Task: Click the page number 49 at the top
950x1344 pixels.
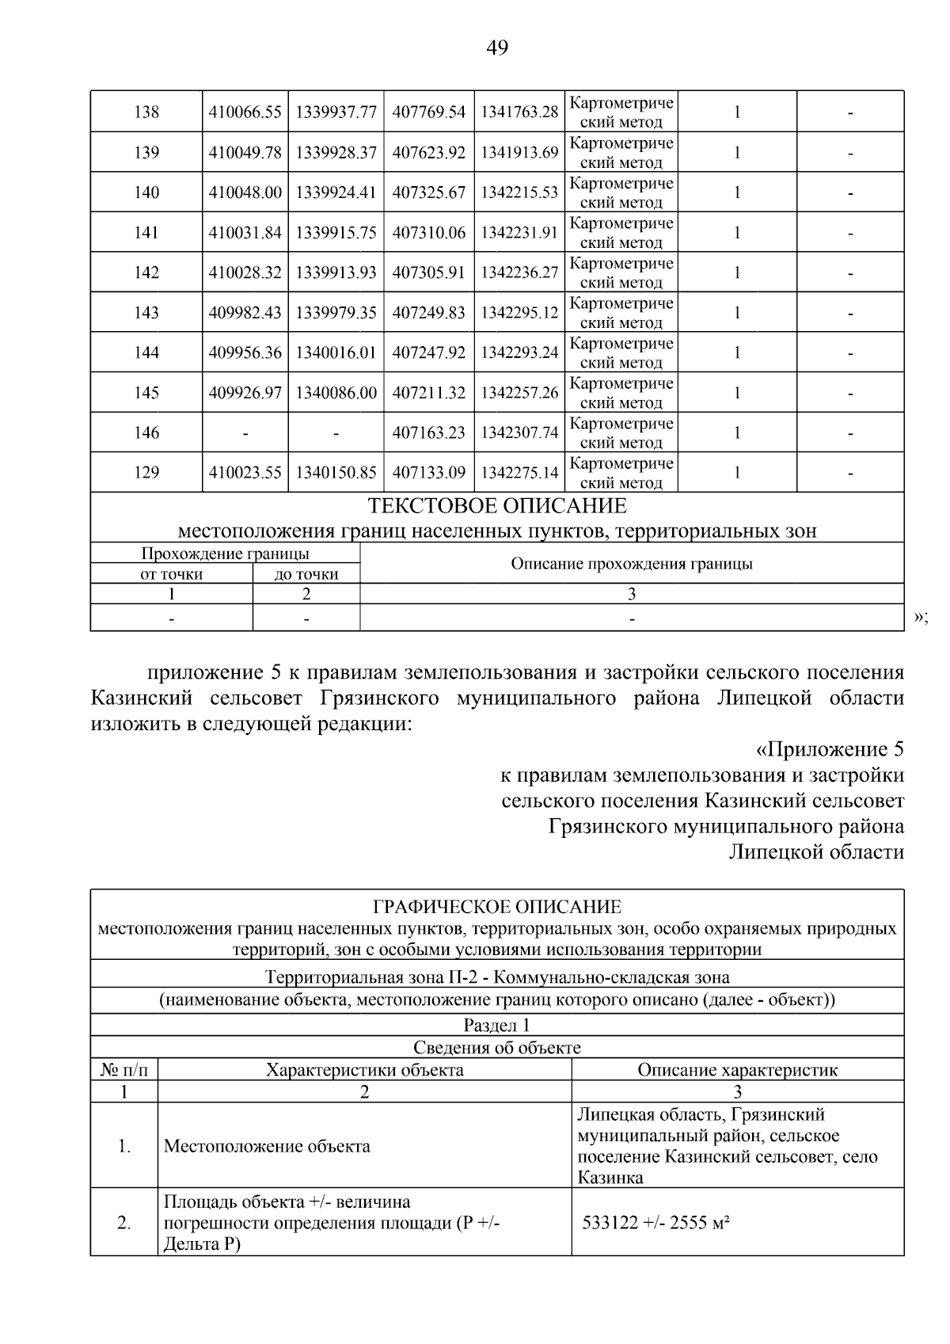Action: coord(496,48)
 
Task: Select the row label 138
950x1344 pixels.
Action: coord(146,112)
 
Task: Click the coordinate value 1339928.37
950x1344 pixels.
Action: coord(336,153)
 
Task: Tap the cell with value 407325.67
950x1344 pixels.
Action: coord(429,192)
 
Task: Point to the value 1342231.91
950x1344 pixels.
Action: coord(519,233)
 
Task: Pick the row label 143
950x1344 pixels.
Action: coord(146,313)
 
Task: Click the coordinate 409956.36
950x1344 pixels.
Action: coord(245,352)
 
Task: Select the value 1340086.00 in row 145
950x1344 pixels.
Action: coord(336,393)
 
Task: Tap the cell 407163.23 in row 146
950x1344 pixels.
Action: coord(429,432)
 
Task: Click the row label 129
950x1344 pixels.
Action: coord(146,473)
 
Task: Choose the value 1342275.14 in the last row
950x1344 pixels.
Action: coord(519,473)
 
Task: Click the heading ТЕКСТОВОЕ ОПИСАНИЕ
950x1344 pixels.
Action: coord(497,506)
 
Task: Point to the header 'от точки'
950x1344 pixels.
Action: coord(171,574)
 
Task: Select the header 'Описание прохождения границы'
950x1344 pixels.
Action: coord(631,564)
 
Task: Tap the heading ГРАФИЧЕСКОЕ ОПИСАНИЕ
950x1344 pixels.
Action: coord(497,907)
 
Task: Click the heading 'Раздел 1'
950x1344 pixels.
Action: coord(497,1025)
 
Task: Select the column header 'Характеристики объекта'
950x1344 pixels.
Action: coord(364,1070)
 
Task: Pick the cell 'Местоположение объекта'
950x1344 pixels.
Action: coord(267,1146)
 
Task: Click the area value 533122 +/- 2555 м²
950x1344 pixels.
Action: coord(655,1222)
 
